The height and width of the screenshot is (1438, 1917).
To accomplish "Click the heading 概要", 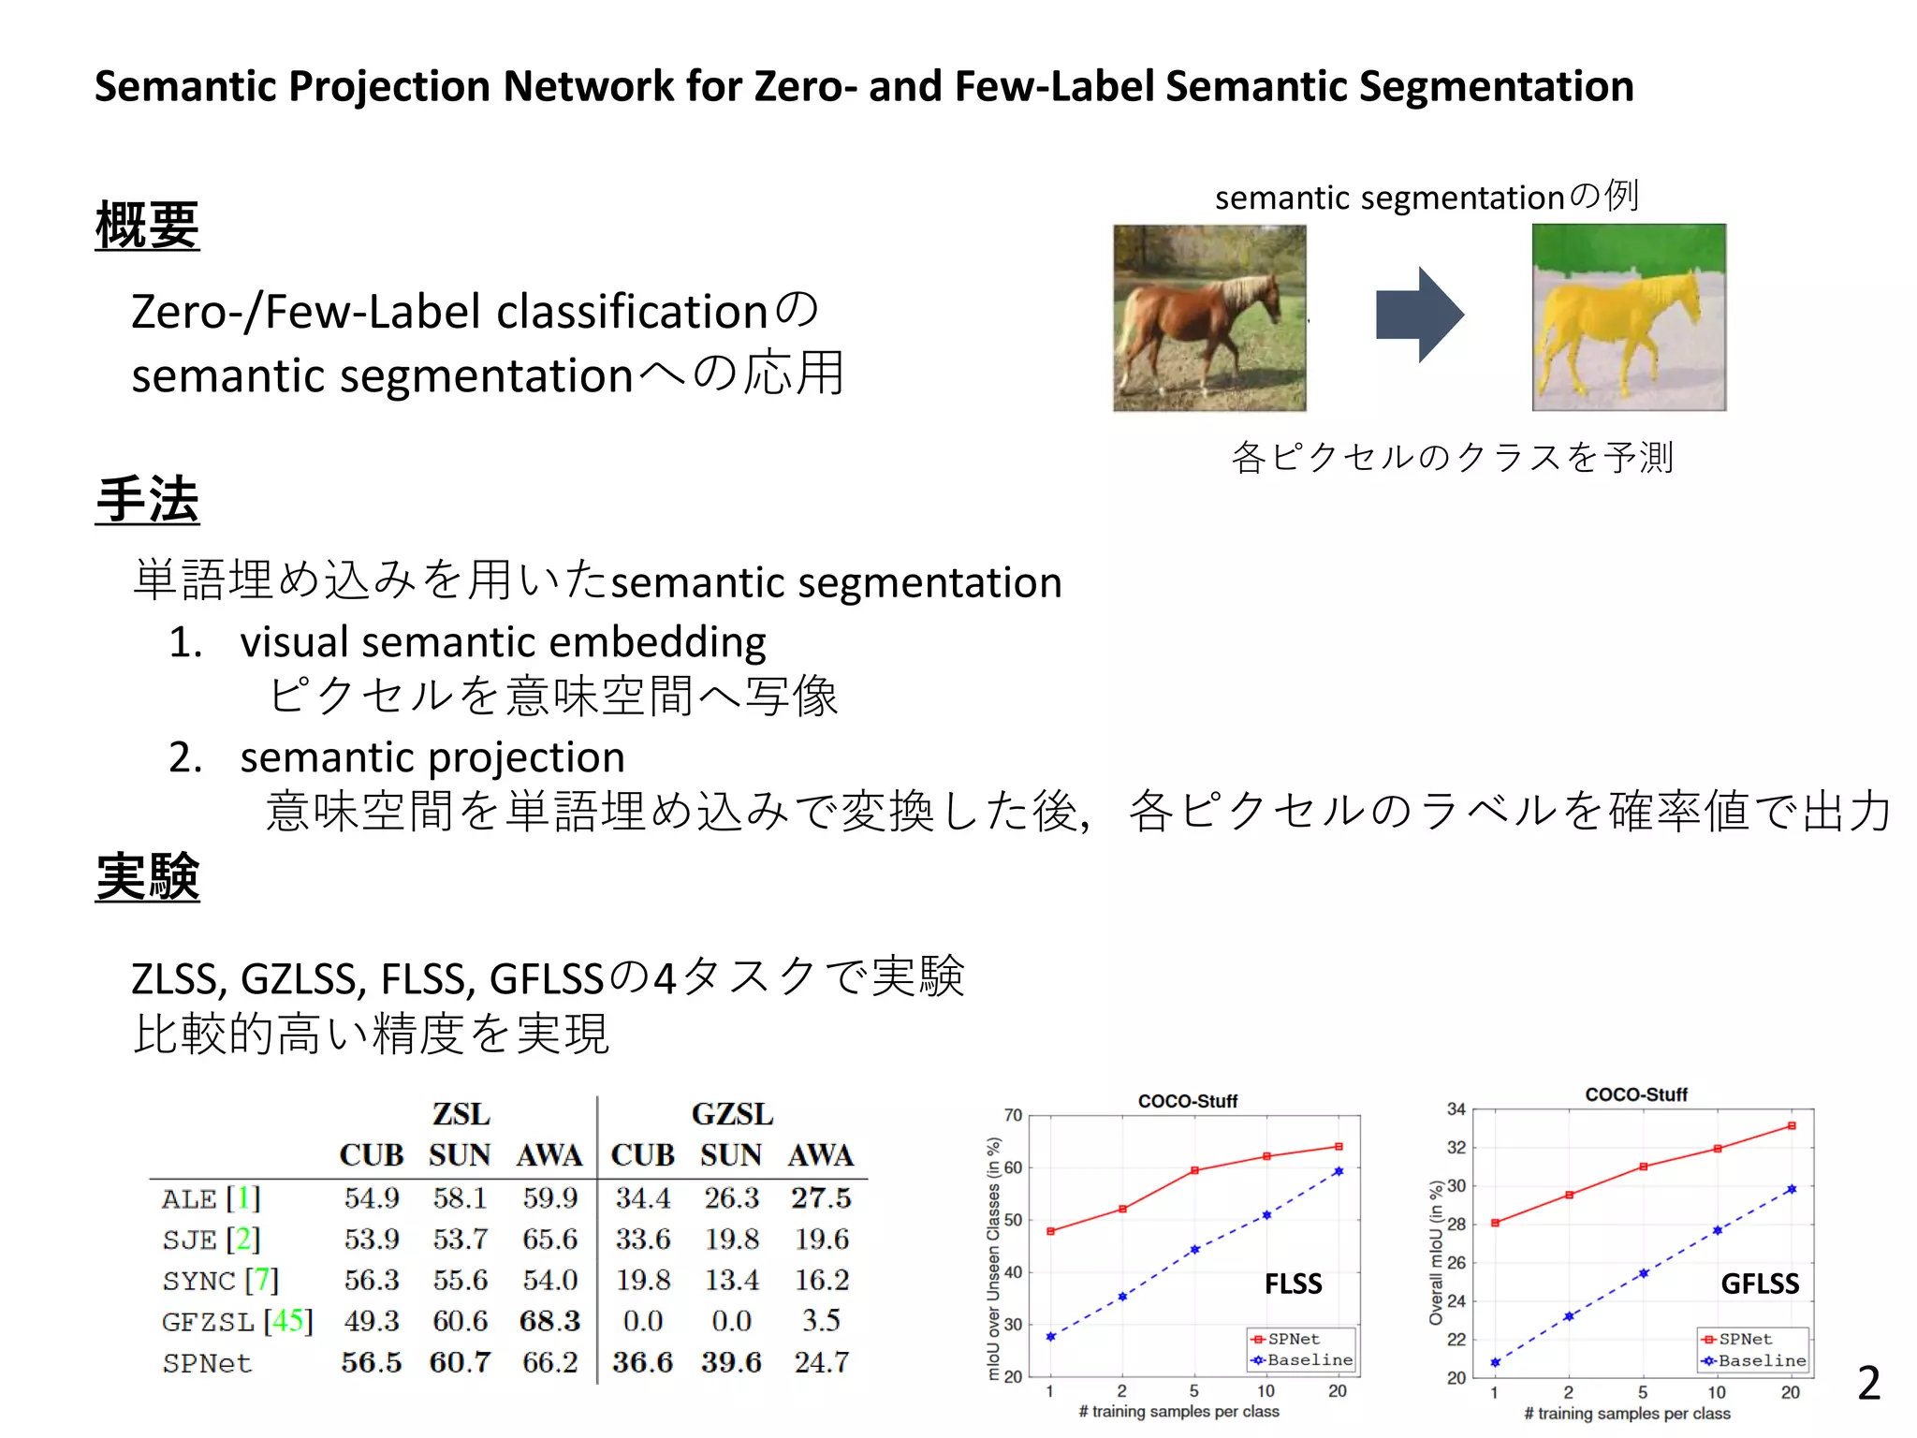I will pyautogui.click(x=147, y=226).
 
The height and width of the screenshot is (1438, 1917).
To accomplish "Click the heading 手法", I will pyautogui.click(x=147, y=500).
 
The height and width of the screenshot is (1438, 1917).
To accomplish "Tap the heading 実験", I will pyautogui.click(x=147, y=877).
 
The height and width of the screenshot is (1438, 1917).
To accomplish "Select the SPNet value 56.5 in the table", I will pyautogui.click(x=371, y=1362).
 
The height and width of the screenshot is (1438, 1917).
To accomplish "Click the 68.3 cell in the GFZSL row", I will pyautogui.click(x=549, y=1321).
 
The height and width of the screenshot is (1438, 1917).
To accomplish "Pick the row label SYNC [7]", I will pyautogui.click(x=221, y=1280).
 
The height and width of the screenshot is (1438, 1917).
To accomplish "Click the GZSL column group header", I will pyautogui.click(x=732, y=1114).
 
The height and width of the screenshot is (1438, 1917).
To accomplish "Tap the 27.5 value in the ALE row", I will pyautogui.click(x=821, y=1197).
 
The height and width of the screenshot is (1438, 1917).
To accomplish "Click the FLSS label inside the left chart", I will pyautogui.click(x=1293, y=1284).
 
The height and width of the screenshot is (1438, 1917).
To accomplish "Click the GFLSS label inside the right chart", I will pyautogui.click(x=1759, y=1284).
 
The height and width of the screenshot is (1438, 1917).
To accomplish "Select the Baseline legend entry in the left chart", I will pyautogui.click(x=1309, y=1360).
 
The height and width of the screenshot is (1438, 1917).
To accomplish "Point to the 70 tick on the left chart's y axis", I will pyautogui.click(x=1013, y=1115).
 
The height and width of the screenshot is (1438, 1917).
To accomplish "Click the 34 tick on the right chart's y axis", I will pyautogui.click(x=1456, y=1109).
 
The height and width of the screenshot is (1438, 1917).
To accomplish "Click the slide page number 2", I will pyautogui.click(x=1868, y=1383).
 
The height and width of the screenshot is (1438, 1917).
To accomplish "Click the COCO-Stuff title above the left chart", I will pyautogui.click(x=1187, y=1101).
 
